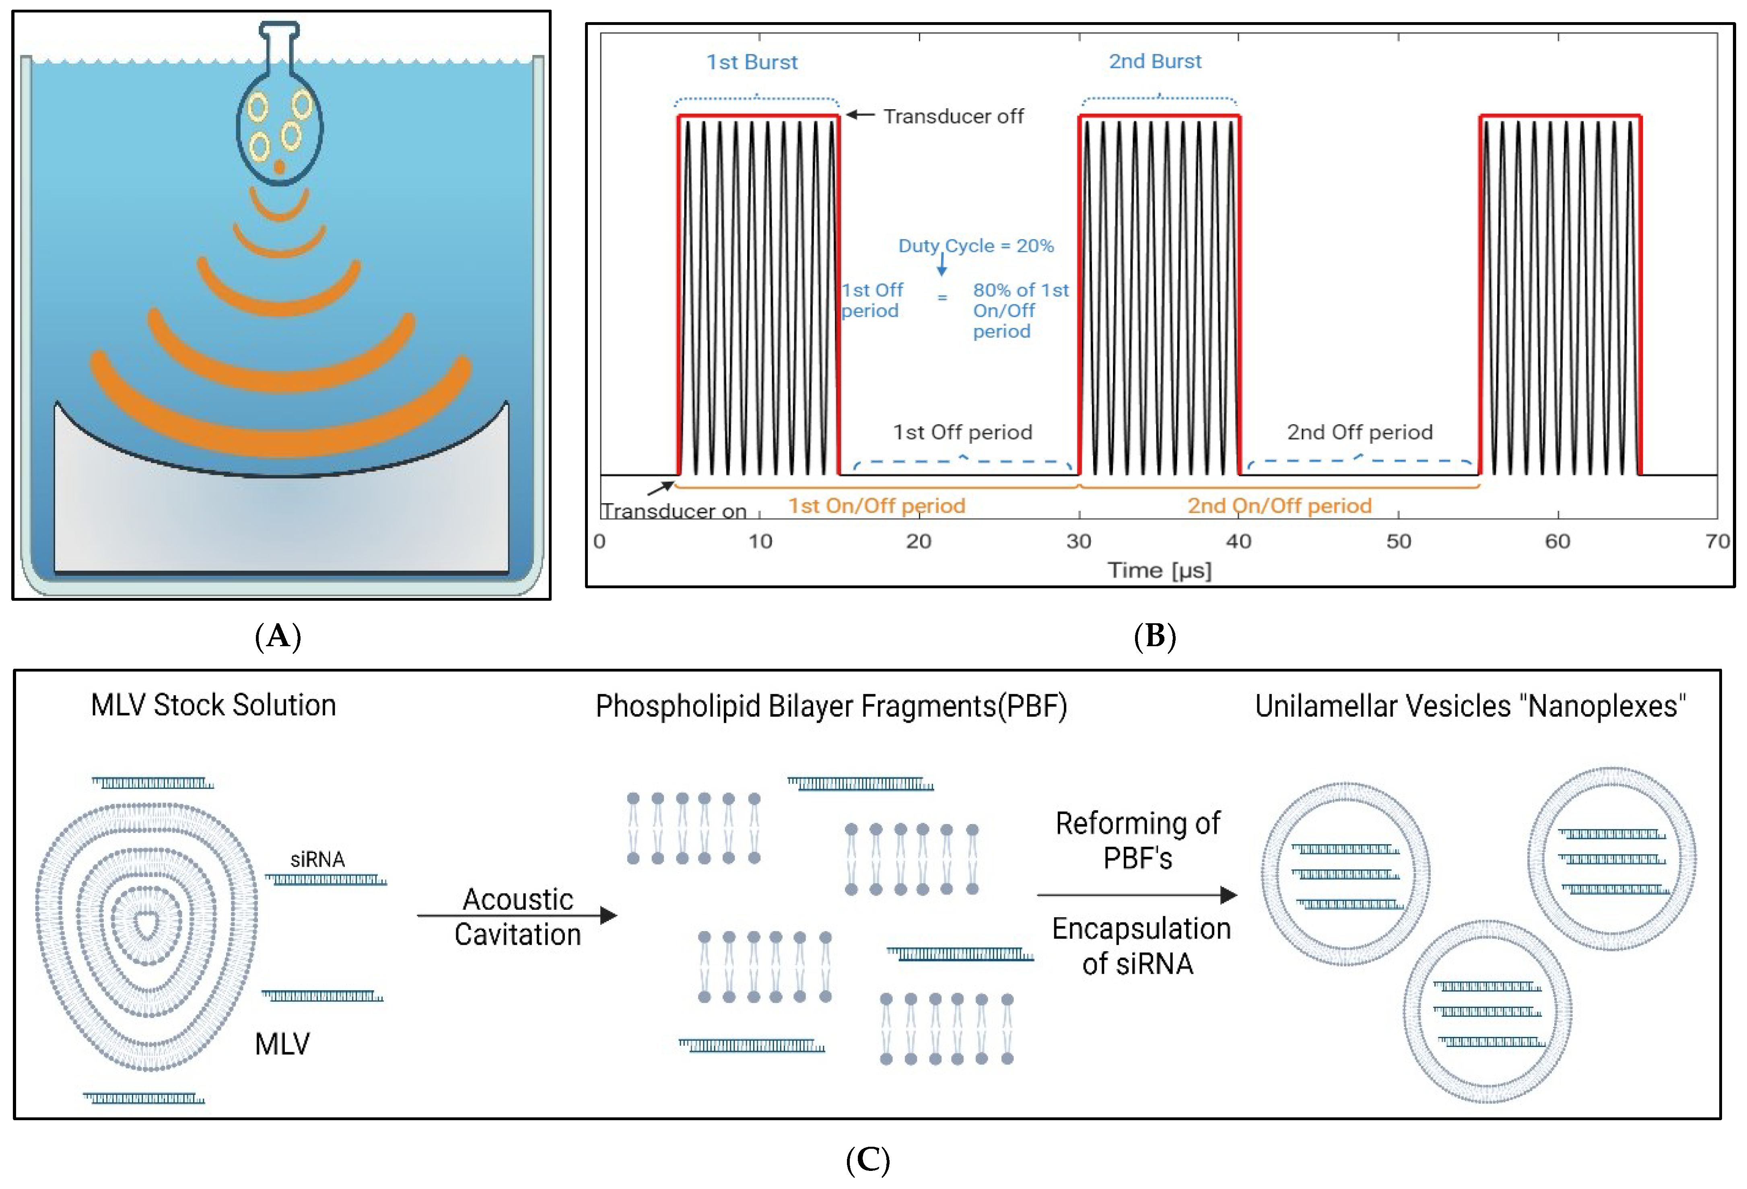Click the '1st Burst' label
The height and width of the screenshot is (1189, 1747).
752,62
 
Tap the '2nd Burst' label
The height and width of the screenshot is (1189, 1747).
1156,62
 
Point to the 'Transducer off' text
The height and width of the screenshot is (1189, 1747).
953,117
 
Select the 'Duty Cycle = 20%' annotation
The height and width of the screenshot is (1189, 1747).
976,246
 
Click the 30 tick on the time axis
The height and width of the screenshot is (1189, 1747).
1079,541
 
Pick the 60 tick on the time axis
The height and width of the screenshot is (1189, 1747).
1557,541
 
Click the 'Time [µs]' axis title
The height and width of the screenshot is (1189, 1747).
1159,571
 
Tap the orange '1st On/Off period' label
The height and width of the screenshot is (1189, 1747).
876,506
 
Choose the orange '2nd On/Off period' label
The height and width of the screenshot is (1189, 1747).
1279,506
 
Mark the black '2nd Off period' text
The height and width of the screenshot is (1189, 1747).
1360,432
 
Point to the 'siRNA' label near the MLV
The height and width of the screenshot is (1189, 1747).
317,859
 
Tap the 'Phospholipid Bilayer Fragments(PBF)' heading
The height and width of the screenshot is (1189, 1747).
831,707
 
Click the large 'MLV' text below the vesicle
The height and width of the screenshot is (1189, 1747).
282,1044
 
